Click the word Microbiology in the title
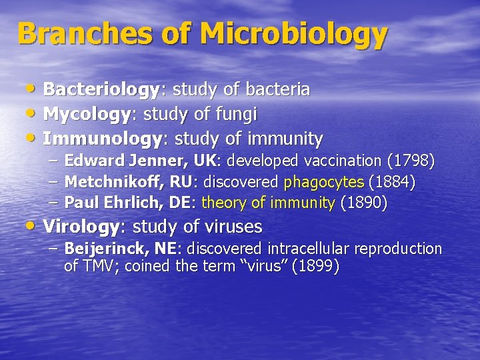(293, 33)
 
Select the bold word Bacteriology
(101, 89)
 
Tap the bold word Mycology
(86, 115)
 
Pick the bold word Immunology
(103, 139)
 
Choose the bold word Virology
(81, 227)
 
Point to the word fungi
(236, 115)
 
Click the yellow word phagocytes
(324, 182)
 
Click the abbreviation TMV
(99, 267)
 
